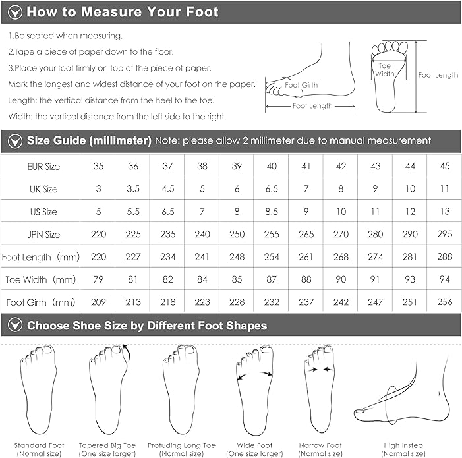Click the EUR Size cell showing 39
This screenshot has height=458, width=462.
[x=237, y=166]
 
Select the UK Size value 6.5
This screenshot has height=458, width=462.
[x=272, y=188]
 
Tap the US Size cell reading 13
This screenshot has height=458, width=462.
[x=445, y=212]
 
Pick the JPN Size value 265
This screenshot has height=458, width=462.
[x=306, y=234]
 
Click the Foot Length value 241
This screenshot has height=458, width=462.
[x=202, y=257]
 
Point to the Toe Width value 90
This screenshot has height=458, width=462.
[x=341, y=279]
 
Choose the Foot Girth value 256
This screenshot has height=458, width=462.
[x=445, y=302]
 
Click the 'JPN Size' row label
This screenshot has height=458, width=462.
[x=43, y=235]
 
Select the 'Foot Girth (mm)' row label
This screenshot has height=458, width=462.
[x=41, y=302]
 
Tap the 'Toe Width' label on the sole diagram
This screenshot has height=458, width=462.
[x=384, y=70]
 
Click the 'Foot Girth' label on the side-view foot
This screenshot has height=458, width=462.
[x=301, y=85]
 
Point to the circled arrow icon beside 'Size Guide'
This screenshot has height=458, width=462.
[x=15, y=141]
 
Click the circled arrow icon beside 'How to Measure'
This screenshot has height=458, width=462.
[x=15, y=13]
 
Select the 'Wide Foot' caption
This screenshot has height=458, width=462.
[x=254, y=445]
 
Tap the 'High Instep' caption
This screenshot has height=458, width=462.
[x=403, y=445]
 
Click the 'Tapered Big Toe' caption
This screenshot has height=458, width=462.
[x=107, y=445]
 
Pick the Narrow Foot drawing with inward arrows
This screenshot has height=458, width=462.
[x=320, y=389]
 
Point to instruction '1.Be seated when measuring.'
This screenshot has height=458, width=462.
[x=65, y=36]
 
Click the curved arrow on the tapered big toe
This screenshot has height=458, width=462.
[x=127, y=352]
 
